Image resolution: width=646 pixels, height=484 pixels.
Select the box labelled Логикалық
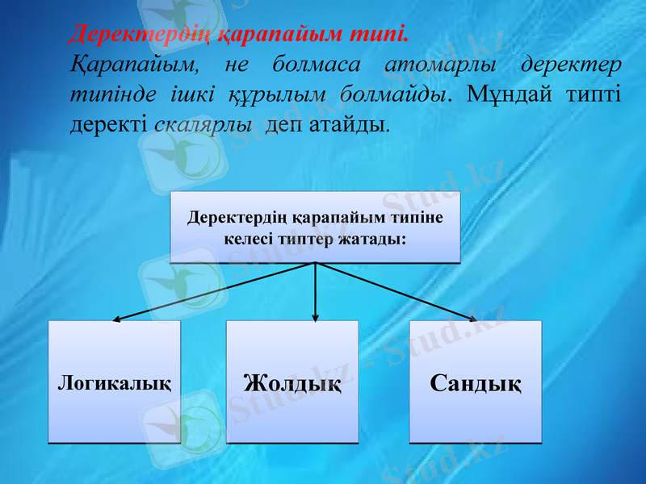click(114, 382)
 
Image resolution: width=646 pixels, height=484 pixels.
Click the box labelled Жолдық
click(292, 382)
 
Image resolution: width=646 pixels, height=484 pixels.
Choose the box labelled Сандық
click(476, 382)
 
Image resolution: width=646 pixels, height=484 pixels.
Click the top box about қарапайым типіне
click(315, 227)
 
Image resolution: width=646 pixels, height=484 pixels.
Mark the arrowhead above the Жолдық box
click(315, 319)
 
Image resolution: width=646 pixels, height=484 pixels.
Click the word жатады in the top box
click(372, 239)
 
